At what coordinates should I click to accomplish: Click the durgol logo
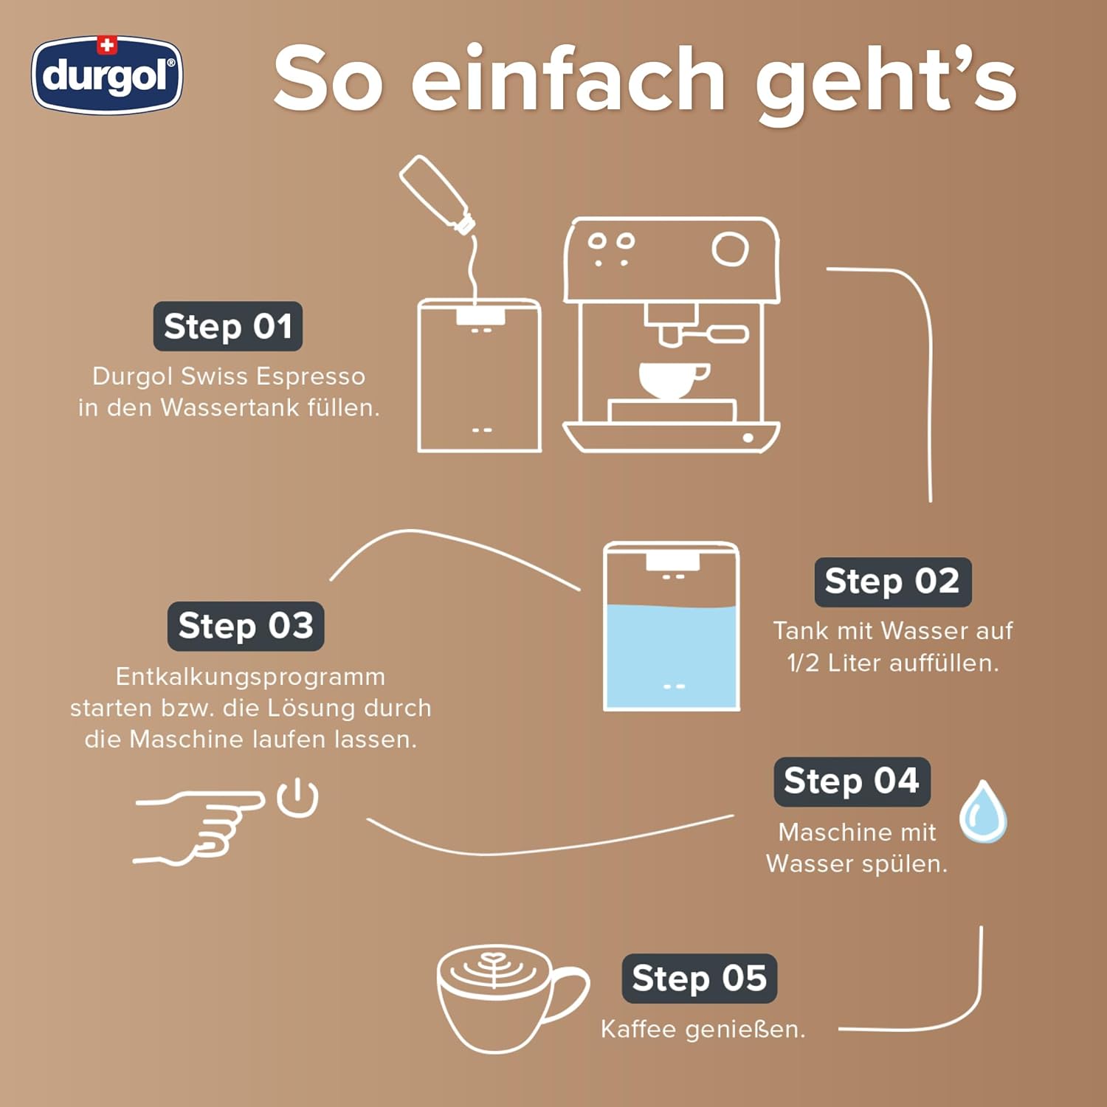click(x=107, y=75)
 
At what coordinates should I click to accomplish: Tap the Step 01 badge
click(x=228, y=326)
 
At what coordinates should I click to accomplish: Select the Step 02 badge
click(x=893, y=582)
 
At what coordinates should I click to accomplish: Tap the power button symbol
click(x=297, y=797)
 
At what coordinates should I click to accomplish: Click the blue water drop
click(x=983, y=812)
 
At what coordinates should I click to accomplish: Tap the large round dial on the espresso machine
click(x=730, y=249)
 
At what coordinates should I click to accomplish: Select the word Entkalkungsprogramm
click(x=250, y=677)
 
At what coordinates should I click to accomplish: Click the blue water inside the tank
click(x=671, y=656)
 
